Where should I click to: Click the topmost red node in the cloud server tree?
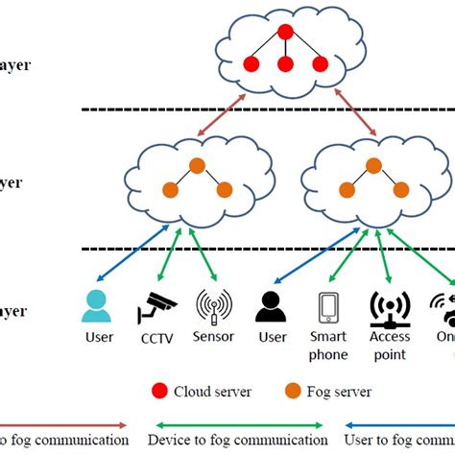(285, 32)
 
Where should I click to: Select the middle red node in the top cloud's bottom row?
(285, 65)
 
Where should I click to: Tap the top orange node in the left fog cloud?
(196, 165)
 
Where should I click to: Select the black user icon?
(272, 306)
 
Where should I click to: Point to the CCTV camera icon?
(156, 307)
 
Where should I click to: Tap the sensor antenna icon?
(213, 306)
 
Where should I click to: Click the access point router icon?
(391, 307)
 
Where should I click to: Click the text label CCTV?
(157, 337)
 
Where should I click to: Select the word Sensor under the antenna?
(214, 337)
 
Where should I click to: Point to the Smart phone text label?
(328, 346)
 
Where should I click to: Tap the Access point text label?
(391, 346)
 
